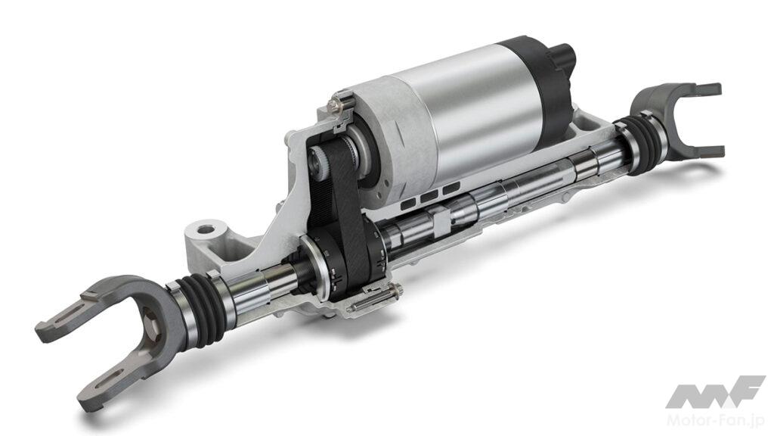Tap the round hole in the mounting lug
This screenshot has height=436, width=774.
click(x=206, y=230)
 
